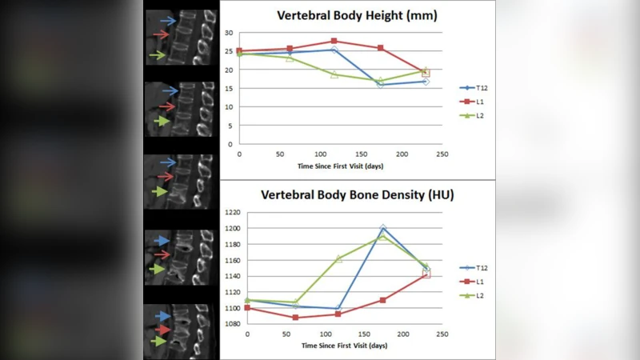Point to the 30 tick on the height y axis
tap(228, 33)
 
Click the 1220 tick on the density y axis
tap(232, 212)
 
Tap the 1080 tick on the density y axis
tap(232, 323)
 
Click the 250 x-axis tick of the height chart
tap(442, 153)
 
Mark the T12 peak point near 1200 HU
tap(382, 229)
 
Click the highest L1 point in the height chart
tap(334, 41)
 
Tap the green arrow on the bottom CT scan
tap(162, 341)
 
